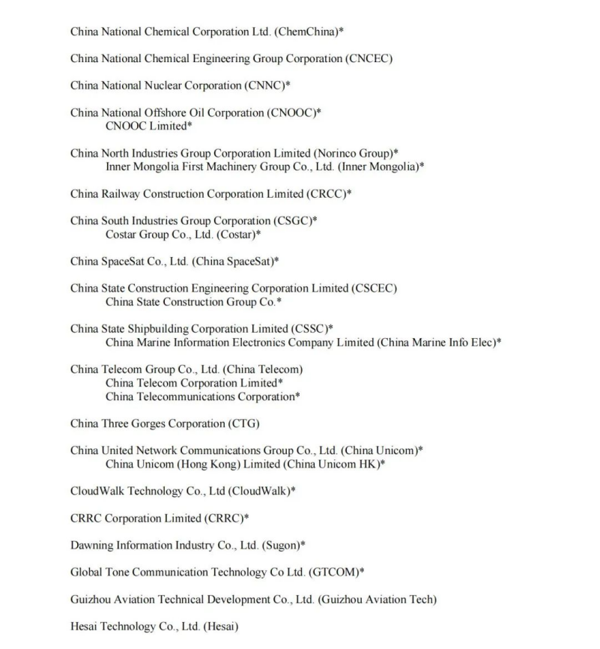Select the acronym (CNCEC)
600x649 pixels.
pos(369,58)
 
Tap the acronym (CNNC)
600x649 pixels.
pos(264,85)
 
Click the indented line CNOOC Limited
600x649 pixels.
pos(147,126)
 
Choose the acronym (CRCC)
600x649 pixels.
pos(326,193)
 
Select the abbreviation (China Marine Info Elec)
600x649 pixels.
pos(437,342)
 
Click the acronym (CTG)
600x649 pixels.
pos(243,423)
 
